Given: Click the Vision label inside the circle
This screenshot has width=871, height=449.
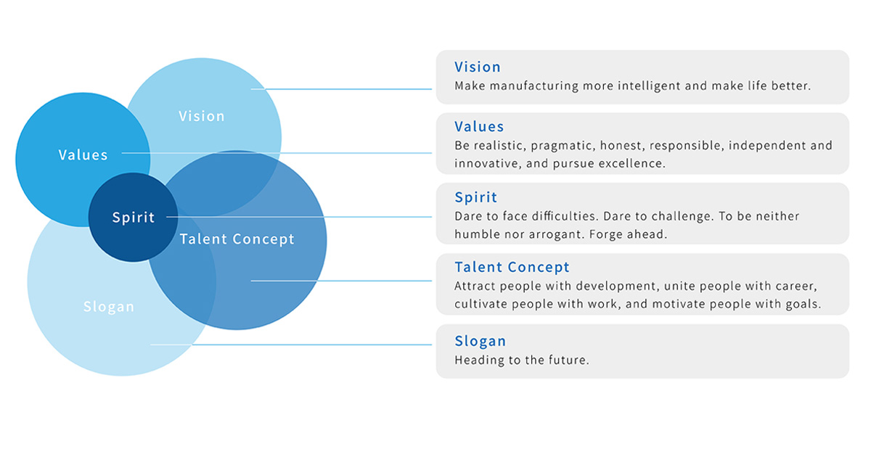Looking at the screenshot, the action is tap(202, 116).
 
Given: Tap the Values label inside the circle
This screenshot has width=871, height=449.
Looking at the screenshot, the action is tap(83, 155).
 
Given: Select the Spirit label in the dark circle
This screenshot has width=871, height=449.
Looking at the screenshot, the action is tap(134, 218).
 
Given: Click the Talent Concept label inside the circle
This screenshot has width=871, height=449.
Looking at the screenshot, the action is tap(237, 239).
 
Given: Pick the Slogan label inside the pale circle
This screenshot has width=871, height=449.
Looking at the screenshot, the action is tap(109, 307).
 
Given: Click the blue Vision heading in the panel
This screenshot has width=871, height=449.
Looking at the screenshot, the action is tap(478, 67).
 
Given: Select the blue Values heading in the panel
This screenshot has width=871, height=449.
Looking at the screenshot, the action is tap(479, 126).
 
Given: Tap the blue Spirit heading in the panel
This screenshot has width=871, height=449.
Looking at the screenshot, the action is tap(476, 197).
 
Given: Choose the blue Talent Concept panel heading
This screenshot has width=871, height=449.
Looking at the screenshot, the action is tap(512, 267).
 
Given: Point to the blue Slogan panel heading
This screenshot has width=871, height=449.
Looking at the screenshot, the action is tap(481, 342).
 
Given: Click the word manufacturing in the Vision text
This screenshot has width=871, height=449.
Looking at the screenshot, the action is tap(534, 86).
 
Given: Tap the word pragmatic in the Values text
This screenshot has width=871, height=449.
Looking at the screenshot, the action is tap(563, 146).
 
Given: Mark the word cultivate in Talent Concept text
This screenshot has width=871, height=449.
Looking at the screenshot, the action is tap(481, 304).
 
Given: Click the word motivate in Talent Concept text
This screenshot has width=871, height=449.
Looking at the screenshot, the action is tap(679, 304).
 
